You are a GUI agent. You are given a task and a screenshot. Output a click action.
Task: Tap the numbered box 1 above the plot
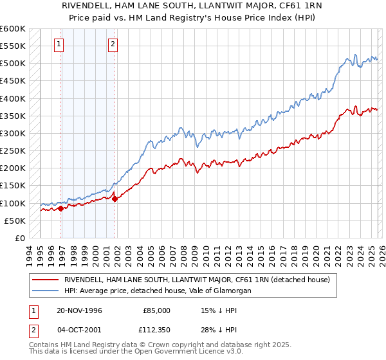(x=59, y=44)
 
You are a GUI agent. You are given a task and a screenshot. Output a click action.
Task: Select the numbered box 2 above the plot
(x=113, y=44)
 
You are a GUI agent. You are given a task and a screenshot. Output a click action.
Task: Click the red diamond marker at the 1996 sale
(x=61, y=208)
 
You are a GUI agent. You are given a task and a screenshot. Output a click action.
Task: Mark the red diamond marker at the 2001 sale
(x=115, y=199)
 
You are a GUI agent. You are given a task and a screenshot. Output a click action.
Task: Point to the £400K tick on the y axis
(x=13, y=98)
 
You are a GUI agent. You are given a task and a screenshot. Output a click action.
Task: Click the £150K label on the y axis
(x=13, y=186)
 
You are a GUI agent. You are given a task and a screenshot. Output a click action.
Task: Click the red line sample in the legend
(x=45, y=280)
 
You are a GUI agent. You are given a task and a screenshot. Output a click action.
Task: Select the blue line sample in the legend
(x=45, y=291)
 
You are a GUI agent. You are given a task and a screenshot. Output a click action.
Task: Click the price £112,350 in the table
(x=155, y=330)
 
